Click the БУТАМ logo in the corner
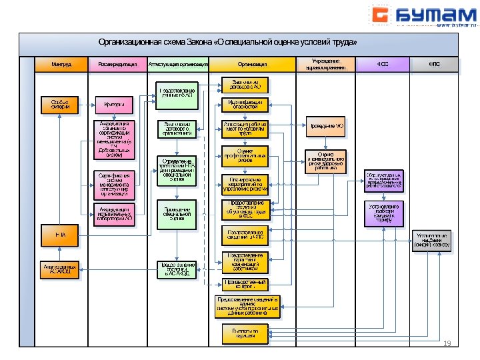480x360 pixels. (423, 15)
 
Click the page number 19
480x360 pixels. (447, 343)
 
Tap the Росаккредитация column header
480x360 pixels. (118, 65)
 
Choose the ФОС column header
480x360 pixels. (383, 65)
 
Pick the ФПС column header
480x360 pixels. (435, 65)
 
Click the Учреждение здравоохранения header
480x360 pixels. (325, 65)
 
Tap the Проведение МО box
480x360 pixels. (326, 126)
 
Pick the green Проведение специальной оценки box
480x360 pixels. (177, 211)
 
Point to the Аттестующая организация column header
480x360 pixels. (178, 65)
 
